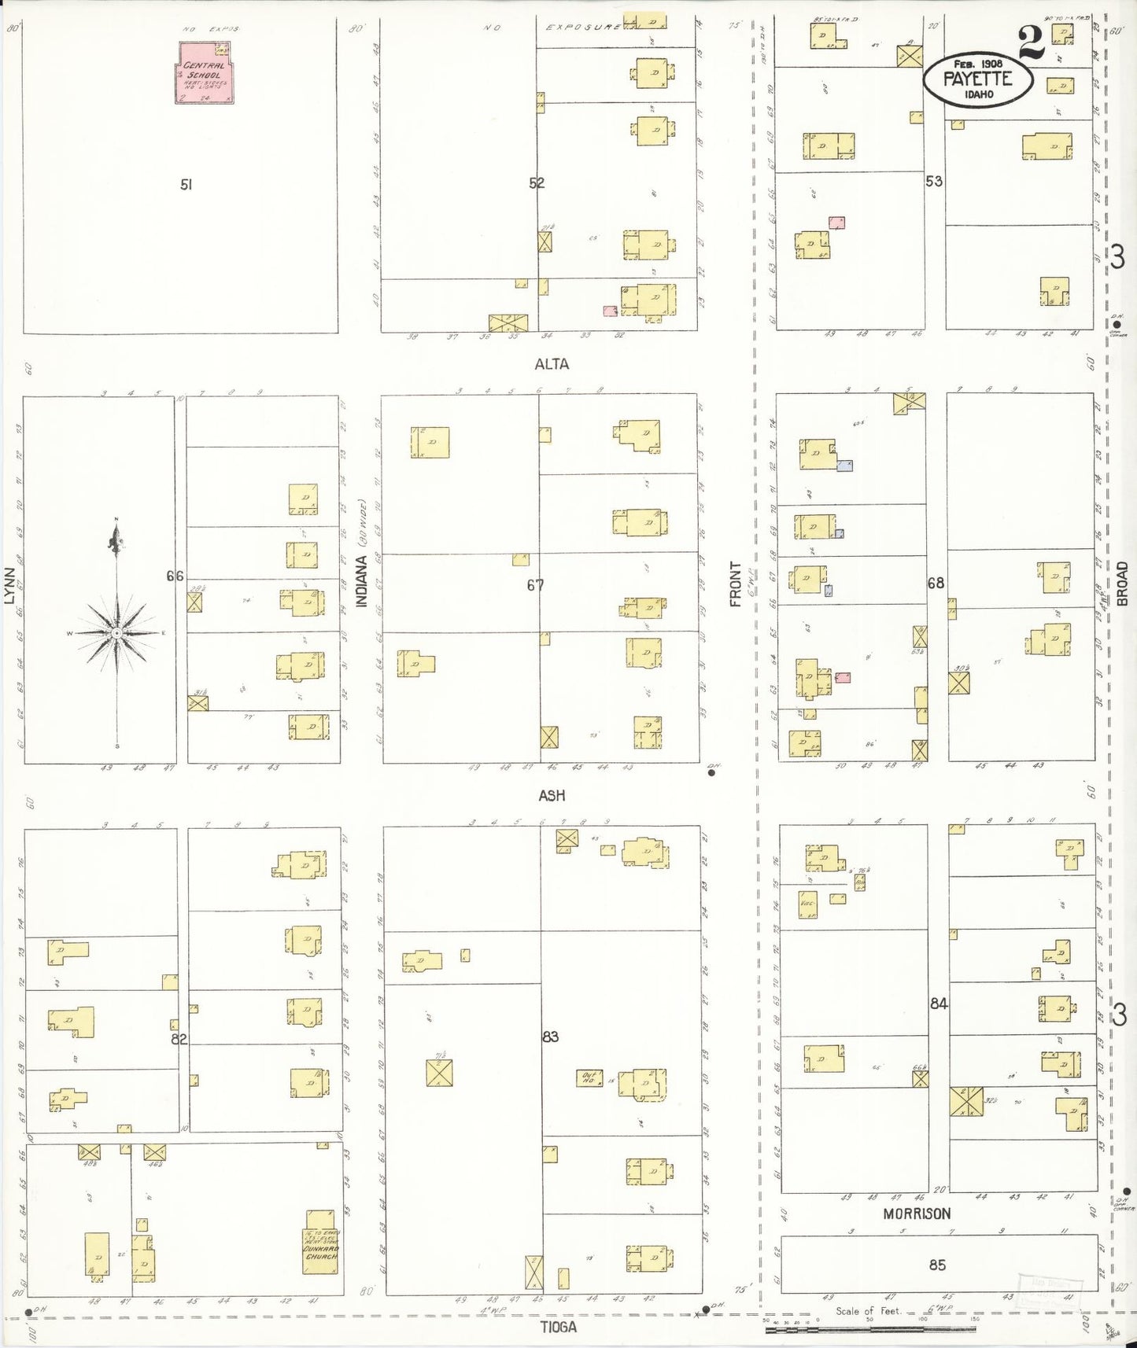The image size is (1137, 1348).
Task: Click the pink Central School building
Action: click(203, 73)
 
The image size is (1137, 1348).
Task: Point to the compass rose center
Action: click(116, 632)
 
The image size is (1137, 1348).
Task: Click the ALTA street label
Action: click(552, 364)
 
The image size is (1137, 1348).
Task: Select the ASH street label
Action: click(552, 796)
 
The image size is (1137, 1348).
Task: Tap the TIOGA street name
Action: click(558, 1327)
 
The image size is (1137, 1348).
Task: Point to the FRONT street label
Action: click(736, 584)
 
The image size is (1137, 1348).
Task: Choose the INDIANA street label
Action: click(362, 580)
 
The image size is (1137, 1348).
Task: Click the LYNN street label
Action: click(10, 586)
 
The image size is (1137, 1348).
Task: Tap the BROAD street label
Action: click(1122, 584)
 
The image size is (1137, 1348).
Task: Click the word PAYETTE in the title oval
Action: click(977, 79)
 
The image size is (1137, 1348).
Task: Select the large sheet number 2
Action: click(1031, 43)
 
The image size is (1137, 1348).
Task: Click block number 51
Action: click(186, 185)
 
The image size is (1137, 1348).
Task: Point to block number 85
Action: click(937, 1265)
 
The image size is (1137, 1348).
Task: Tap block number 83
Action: click(550, 1037)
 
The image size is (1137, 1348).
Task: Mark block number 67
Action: click(535, 585)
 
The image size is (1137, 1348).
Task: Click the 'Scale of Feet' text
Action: click(867, 1311)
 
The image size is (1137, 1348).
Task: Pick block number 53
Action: click(934, 182)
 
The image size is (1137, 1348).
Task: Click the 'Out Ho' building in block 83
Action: click(589, 1078)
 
